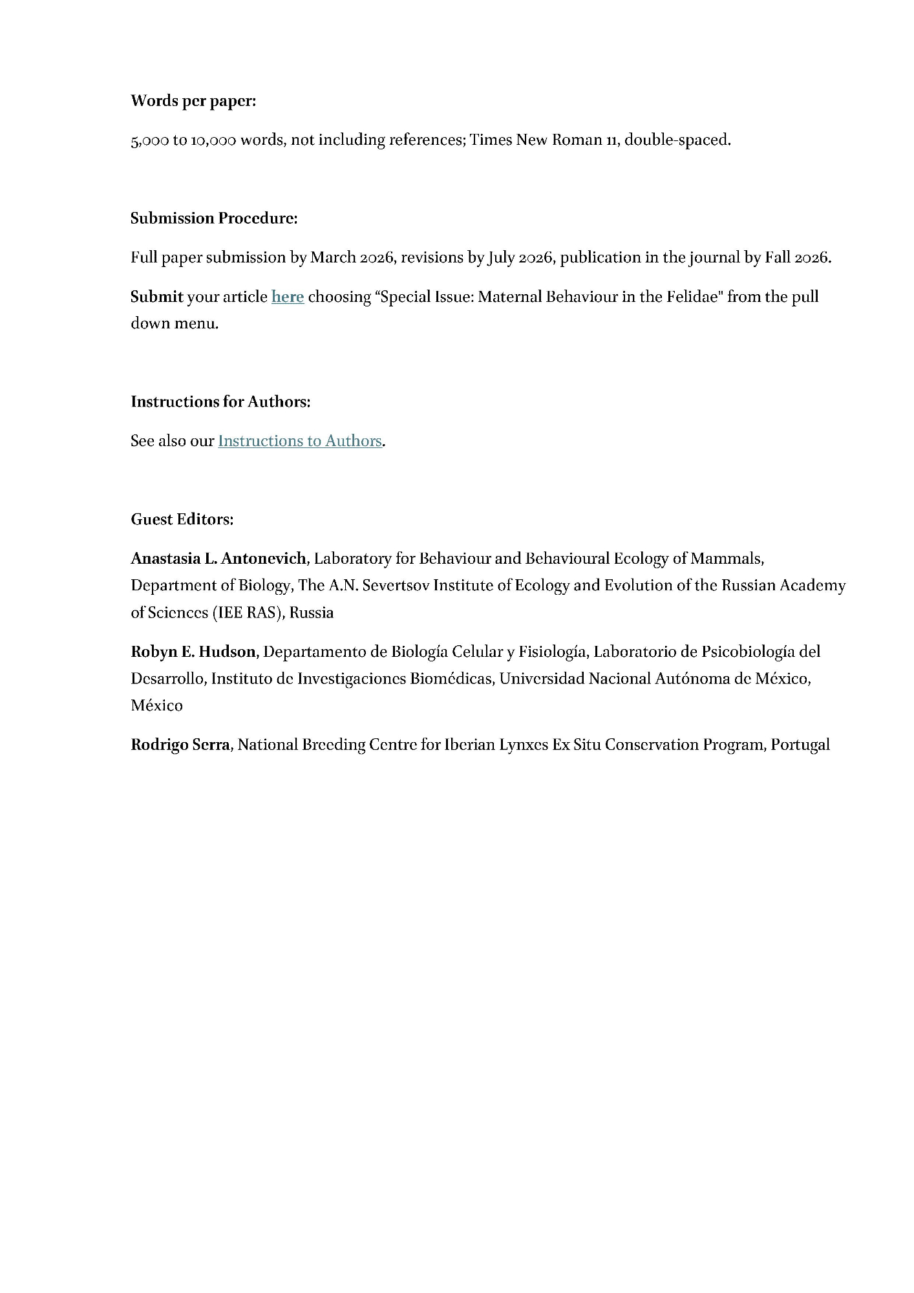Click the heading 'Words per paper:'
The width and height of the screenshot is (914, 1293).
[193, 101]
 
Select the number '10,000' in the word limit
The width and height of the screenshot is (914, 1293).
[213, 140]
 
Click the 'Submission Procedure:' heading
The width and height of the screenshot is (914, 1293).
[214, 219]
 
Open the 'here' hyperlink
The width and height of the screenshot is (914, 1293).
[288, 297]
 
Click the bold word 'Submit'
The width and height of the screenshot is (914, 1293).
[157, 297]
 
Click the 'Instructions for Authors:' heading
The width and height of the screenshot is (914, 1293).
[220, 402]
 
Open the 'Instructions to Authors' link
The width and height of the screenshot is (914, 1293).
[300, 441]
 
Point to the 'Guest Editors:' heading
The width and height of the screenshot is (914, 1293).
[182, 519]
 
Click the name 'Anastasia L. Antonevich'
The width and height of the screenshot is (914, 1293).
[218, 559]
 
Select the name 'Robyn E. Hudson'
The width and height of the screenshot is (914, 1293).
[193, 652]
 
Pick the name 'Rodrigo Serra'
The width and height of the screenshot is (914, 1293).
[180, 745]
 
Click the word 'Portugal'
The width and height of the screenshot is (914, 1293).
[800, 745]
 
